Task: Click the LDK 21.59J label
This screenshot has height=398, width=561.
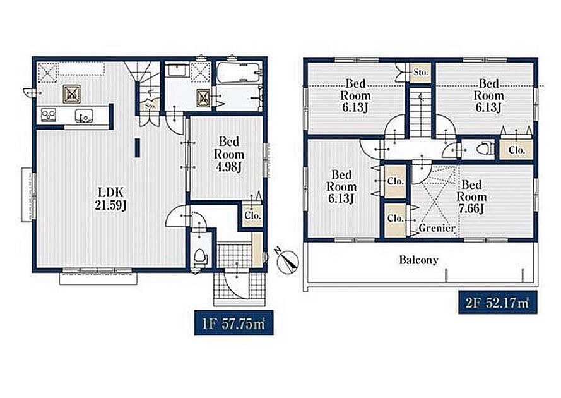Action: point(111,198)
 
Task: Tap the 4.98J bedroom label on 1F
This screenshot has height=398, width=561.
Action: point(229,154)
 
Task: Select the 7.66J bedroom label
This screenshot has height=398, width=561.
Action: point(471,196)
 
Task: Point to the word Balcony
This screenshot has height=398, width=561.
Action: point(418,260)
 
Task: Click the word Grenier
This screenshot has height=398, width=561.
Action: point(437,228)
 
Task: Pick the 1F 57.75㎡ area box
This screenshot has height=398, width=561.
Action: point(233,323)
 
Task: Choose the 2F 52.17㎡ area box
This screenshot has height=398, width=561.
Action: point(498,302)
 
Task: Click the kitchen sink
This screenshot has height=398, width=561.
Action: point(84,116)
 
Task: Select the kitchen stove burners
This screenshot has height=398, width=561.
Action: point(49,115)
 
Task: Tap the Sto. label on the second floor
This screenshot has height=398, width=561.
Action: point(420,72)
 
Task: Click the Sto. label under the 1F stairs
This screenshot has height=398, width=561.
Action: point(150,106)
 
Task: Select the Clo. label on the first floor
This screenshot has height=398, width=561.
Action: point(252,215)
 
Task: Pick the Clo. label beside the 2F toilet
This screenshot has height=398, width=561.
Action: point(516,150)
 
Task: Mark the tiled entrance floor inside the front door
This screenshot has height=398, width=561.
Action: point(234,255)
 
